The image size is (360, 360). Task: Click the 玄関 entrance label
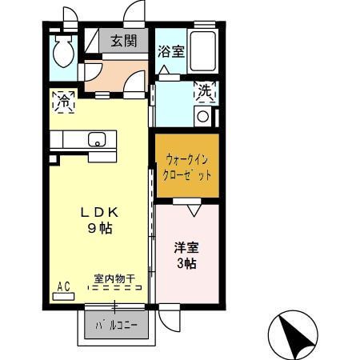click(x=122, y=42)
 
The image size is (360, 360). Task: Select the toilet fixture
click(x=62, y=54)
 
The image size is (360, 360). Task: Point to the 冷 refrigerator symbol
click(x=63, y=102)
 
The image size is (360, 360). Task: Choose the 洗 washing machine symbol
click(x=206, y=92)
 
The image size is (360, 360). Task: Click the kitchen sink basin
click(x=97, y=140)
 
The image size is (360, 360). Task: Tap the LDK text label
click(x=99, y=213)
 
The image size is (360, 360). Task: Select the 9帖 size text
click(x=99, y=229)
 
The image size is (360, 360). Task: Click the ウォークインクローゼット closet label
click(x=186, y=165)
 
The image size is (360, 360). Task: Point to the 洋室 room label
click(x=187, y=247)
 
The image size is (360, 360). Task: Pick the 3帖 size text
click(x=187, y=263)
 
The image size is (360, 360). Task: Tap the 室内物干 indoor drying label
click(x=114, y=278)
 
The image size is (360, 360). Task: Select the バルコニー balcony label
click(x=117, y=326)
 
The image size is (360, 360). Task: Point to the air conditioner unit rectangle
click(x=63, y=296)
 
